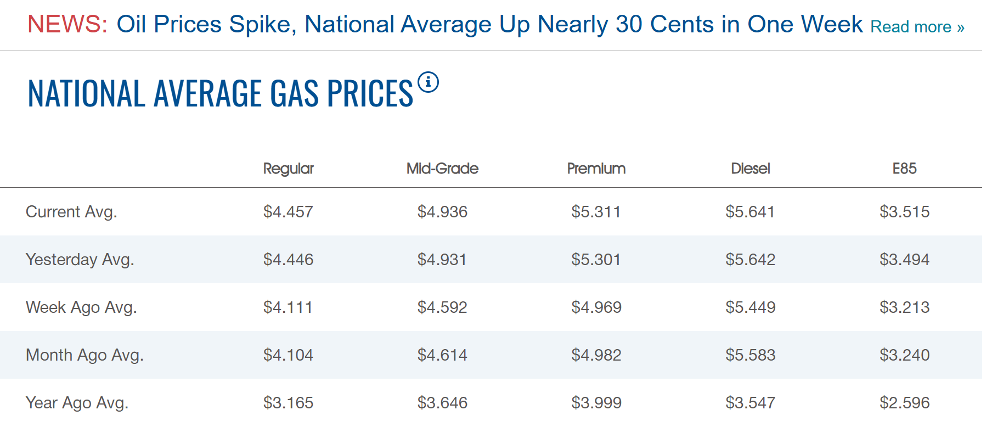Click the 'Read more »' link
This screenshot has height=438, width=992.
coord(917,27)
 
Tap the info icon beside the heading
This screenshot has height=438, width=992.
coord(428,82)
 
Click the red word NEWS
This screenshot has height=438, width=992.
coord(67,24)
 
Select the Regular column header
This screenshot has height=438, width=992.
coord(289,169)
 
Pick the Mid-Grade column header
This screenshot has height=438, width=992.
coord(442,169)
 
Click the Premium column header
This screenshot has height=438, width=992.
coord(596,169)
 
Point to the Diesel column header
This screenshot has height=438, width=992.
coord(751,169)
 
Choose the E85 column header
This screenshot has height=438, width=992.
coord(905,169)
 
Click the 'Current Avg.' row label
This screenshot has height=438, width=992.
coord(71,212)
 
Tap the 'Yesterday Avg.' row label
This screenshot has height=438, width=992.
coord(80,260)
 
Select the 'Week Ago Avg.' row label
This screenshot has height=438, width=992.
coord(81,307)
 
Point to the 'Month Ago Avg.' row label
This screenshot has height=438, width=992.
coord(84,355)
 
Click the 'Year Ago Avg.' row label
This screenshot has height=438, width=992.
coord(77,403)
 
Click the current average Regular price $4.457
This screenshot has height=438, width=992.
coord(289,212)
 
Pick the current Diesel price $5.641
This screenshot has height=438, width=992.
coord(751,212)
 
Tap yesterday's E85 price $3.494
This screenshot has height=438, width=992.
coord(905,260)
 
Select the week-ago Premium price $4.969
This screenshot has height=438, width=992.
coord(596,307)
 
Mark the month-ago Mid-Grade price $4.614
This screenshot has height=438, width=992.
coord(442,355)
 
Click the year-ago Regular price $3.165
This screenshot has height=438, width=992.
coord(289,403)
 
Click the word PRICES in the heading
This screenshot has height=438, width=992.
coord(370,93)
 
